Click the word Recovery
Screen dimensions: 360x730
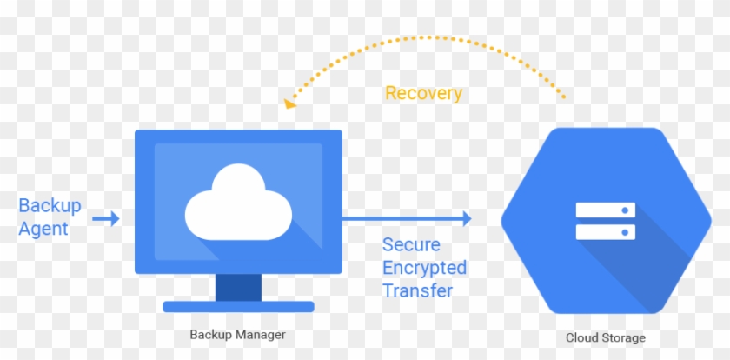(423, 93)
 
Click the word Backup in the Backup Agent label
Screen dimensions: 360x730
(50, 206)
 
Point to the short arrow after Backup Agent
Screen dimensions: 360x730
(106, 219)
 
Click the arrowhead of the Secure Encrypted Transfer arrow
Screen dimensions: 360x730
(466, 219)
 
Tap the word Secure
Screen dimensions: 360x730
(411, 245)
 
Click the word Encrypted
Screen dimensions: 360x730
(424, 268)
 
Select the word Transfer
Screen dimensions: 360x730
(417, 290)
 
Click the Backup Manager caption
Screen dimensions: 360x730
(237, 334)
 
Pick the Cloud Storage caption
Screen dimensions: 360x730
(606, 337)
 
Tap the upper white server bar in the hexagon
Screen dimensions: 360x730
(606, 210)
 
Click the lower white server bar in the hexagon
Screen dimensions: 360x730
(606, 232)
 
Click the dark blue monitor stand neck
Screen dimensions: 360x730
(238, 286)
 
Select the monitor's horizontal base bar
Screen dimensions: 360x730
(238, 306)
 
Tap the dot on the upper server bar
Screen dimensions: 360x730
(627, 210)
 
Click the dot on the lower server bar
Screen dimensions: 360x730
(627, 232)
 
